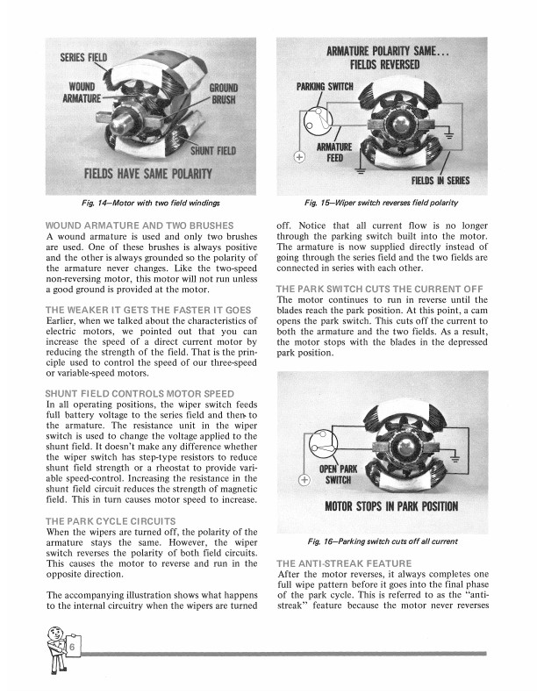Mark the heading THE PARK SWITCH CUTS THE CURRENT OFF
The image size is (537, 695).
[378, 289]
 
